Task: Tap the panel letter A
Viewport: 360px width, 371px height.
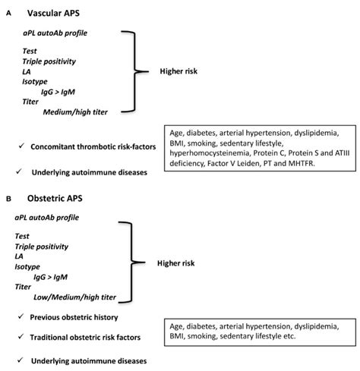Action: pos(8,14)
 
